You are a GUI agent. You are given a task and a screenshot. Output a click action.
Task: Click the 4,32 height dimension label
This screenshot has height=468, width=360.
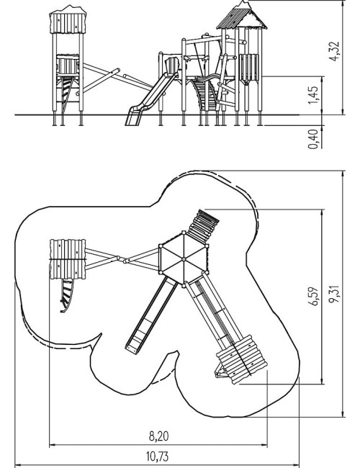[x=334, y=51]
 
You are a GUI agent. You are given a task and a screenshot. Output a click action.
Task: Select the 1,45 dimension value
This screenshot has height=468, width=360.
[x=313, y=96]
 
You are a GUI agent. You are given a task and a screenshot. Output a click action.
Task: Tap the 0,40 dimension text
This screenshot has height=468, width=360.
[x=313, y=139]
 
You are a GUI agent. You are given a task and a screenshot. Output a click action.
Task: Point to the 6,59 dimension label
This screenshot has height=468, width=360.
[x=314, y=297]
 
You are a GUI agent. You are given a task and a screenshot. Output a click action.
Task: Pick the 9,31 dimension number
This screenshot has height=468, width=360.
[x=334, y=294]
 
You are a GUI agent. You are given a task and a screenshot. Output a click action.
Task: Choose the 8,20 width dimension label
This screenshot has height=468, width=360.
[x=158, y=436]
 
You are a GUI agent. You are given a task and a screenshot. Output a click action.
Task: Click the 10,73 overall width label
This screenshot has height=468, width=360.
[x=157, y=456]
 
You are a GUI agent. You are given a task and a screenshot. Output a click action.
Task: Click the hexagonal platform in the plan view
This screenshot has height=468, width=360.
[x=184, y=258]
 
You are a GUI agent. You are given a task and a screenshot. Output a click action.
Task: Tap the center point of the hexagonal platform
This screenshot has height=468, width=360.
[x=184, y=258]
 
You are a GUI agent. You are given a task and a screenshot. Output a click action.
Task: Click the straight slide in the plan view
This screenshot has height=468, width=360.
[x=151, y=315]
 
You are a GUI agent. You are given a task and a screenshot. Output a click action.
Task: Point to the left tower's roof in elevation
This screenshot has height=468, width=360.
[x=68, y=19]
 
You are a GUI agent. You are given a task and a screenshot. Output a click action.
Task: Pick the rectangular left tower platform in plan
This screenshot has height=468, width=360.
[x=68, y=259]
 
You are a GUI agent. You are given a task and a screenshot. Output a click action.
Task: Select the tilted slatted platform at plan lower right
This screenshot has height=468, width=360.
[x=242, y=359]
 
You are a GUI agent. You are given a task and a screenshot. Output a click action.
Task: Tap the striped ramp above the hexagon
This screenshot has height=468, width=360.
[x=203, y=226]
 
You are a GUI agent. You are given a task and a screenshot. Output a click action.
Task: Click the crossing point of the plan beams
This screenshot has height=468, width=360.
[x=122, y=259]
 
